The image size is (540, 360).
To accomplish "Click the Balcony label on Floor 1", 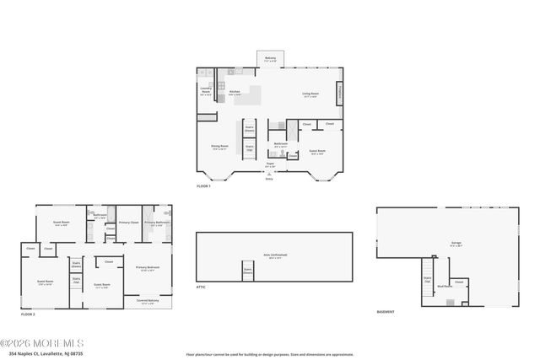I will (x=270, y=59).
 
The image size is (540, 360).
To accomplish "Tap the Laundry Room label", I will (x=205, y=90).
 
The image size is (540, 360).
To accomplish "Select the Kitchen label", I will (x=235, y=93).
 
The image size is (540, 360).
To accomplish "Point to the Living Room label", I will (x=310, y=94).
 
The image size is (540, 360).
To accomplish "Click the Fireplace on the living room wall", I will (x=340, y=93).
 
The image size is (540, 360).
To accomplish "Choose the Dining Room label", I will (x=219, y=147).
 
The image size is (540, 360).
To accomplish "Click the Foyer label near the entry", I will (x=270, y=165).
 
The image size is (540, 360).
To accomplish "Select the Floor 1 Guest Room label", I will (x=317, y=153).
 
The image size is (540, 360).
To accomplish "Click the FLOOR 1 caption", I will (x=203, y=185).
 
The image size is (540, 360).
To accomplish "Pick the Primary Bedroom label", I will (x=148, y=269).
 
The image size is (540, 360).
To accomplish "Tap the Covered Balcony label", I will (x=148, y=302).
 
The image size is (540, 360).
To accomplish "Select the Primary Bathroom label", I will (x=155, y=223).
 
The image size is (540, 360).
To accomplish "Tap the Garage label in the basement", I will (x=456, y=243).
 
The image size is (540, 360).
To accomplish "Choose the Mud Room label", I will (x=444, y=286).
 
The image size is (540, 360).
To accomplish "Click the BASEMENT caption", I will (x=386, y=312).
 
